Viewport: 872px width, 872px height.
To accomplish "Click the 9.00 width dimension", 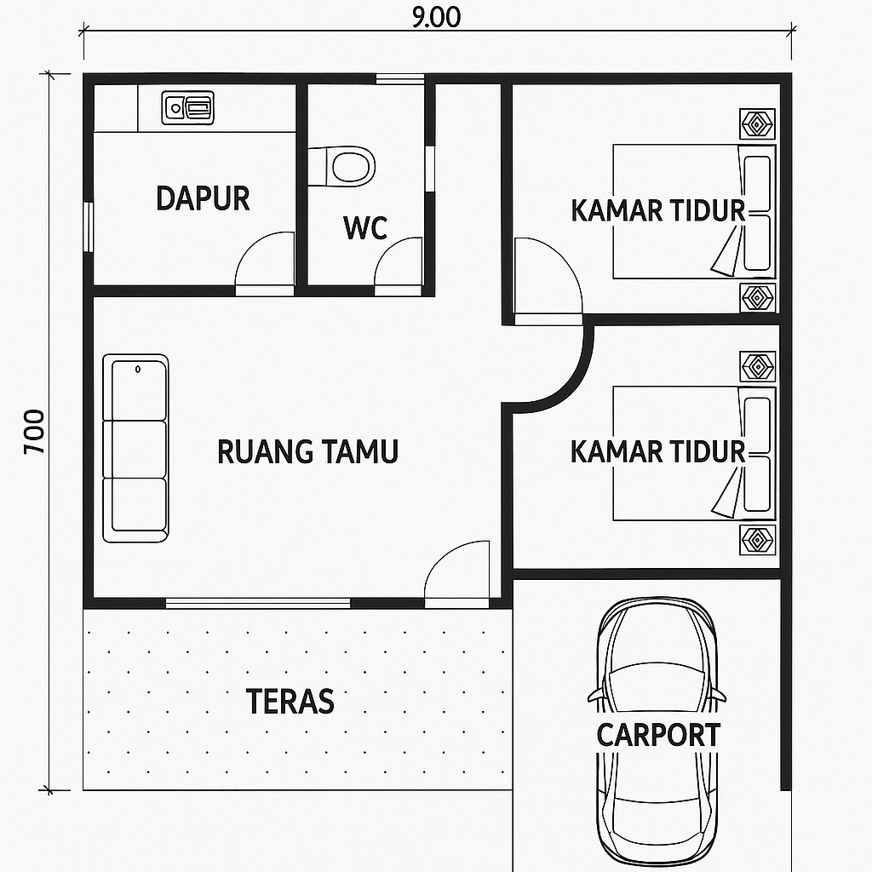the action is coord(437,17).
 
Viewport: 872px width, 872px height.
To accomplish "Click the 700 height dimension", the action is coord(34,432).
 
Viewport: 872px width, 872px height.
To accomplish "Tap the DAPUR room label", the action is coord(203,198).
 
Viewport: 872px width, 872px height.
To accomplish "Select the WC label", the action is coord(365,228).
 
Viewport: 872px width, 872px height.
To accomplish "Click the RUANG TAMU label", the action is coord(307,451).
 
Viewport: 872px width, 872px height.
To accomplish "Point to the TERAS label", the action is coord(290,701).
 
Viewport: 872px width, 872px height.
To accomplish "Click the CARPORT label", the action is coord(658,735).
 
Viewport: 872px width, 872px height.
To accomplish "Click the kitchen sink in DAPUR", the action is coord(188,108).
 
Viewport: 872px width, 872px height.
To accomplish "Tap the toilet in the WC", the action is coord(341,166).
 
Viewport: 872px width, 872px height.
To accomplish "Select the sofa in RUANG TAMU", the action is coord(135,448).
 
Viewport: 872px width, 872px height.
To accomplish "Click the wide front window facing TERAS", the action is coord(258,604).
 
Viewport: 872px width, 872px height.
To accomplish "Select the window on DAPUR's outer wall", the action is coord(88,227).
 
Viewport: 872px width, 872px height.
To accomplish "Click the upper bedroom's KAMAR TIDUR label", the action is coord(658,210).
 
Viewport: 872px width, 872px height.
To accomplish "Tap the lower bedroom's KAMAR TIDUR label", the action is coord(658,451).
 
